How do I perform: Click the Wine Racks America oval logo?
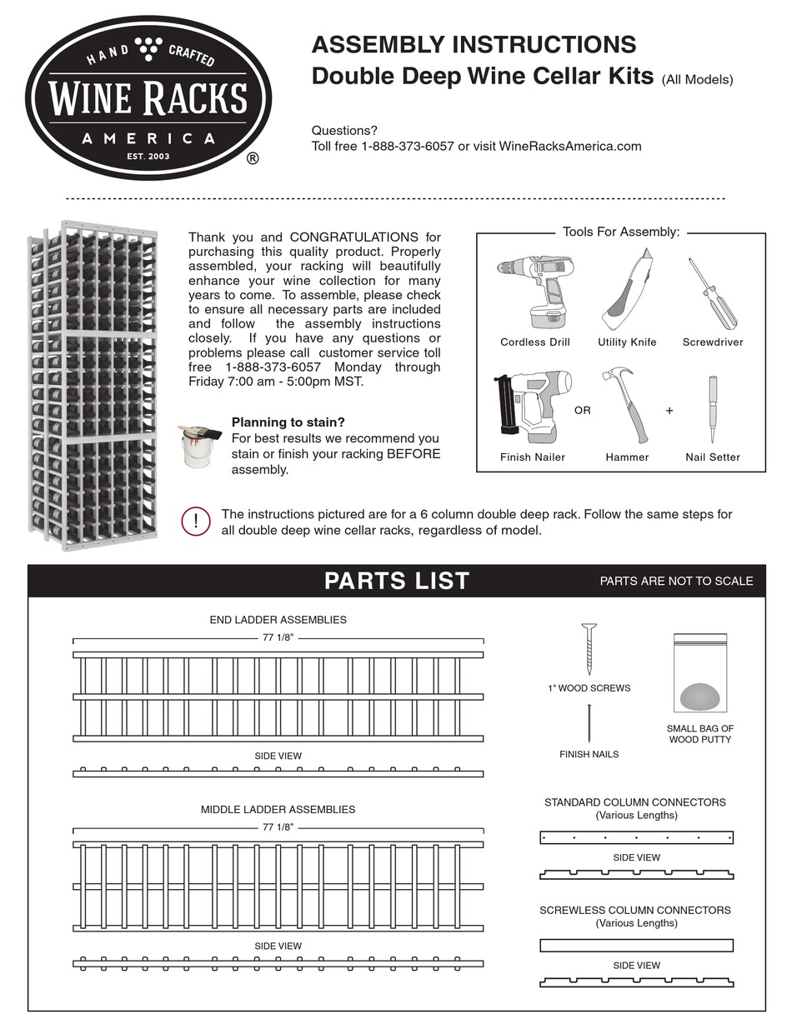(x=148, y=97)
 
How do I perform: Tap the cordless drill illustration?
(x=534, y=292)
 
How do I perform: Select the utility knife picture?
(x=626, y=293)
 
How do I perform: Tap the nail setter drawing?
(x=713, y=409)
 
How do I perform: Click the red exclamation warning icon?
(x=195, y=522)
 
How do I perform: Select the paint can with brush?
(x=198, y=447)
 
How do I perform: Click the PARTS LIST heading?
(x=397, y=581)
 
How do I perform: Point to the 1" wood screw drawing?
(x=589, y=648)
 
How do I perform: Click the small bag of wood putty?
(x=699, y=675)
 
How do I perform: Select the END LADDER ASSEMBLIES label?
(x=278, y=620)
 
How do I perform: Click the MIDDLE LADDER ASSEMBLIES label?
(x=278, y=809)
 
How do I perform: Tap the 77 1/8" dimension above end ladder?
(x=278, y=638)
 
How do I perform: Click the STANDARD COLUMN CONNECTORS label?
(x=635, y=802)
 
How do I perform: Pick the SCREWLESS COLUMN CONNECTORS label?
(x=635, y=910)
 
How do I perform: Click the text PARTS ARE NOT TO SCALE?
(x=676, y=582)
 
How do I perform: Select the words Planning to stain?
(x=288, y=422)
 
